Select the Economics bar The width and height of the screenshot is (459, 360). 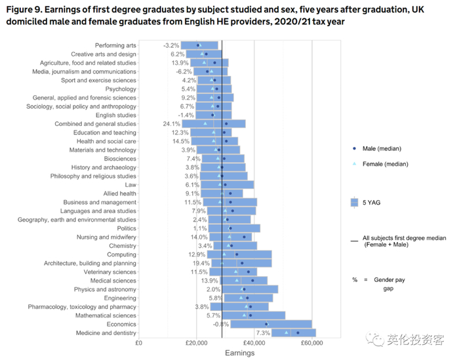(x=271, y=324)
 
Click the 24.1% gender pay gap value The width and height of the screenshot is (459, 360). (x=171, y=123)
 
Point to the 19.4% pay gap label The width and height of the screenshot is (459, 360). (x=201, y=263)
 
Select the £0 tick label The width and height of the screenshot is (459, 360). (x=138, y=342)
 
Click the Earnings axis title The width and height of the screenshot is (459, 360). (x=239, y=353)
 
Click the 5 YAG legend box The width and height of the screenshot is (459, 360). (x=355, y=203)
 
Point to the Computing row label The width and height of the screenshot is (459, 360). (x=121, y=254)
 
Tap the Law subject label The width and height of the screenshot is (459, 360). (x=130, y=184)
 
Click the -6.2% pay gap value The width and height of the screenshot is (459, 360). (x=184, y=71)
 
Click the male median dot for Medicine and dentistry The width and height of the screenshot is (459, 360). (x=298, y=332)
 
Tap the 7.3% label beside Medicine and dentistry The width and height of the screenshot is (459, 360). (x=263, y=332)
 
